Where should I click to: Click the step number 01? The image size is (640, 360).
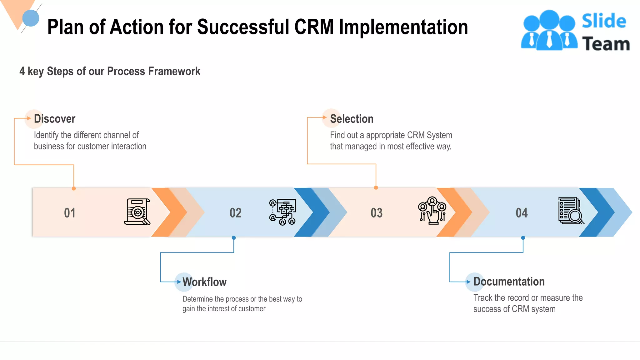pyautogui.click(x=70, y=213)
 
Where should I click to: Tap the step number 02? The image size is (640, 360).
pyautogui.click(x=236, y=213)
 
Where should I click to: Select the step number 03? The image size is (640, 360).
pyautogui.click(x=377, y=213)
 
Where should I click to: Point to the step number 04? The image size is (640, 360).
pyautogui.click(x=522, y=213)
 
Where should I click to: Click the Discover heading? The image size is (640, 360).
pyautogui.click(x=55, y=119)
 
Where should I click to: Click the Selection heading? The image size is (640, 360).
pyautogui.click(x=352, y=119)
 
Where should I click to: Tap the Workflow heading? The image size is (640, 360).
pyautogui.click(x=204, y=282)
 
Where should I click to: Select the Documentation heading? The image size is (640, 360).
pyautogui.click(x=509, y=282)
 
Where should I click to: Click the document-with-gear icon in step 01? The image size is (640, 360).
pyautogui.click(x=137, y=212)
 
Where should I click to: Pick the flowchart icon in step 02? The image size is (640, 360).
pyautogui.click(x=282, y=212)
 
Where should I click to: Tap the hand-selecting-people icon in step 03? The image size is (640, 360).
pyautogui.click(x=432, y=210)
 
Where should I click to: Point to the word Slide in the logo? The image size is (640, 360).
pyautogui.click(x=604, y=21)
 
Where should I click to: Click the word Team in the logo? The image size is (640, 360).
pyautogui.click(x=606, y=44)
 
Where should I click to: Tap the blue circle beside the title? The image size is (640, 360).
pyautogui.click(x=31, y=18)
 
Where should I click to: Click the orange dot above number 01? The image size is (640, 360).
pyautogui.click(x=74, y=188)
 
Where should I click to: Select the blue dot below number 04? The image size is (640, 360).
pyautogui.click(x=523, y=238)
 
